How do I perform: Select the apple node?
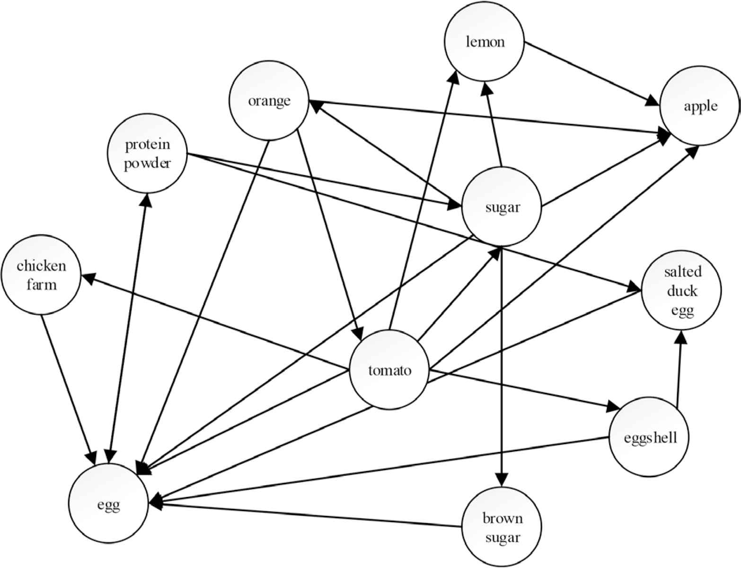pyautogui.click(x=700, y=106)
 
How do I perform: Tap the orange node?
pyautogui.click(x=269, y=101)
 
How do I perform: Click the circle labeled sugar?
pyautogui.click(x=502, y=207)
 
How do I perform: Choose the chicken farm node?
pyautogui.click(x=41, y=275)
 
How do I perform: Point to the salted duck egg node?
pyautogui.click(x=681, y=291)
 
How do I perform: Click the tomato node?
pyautogui.click(x=389, y=370)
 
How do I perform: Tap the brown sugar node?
pyautogui.click(x=502, y=527)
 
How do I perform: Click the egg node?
pyautogui.click(x=108, y=505)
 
